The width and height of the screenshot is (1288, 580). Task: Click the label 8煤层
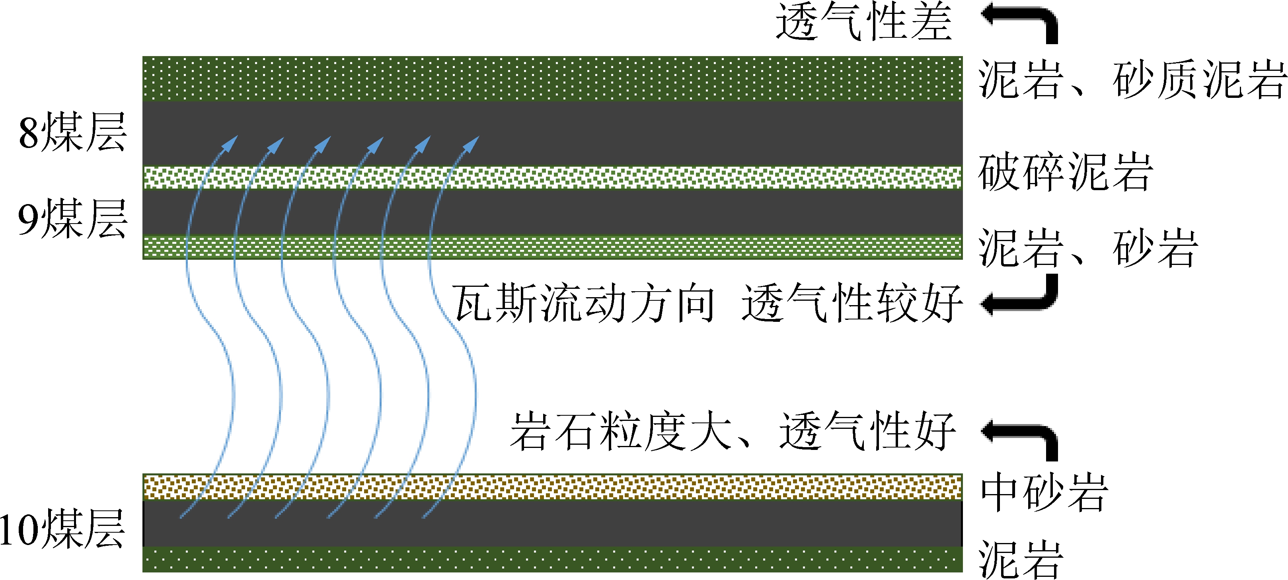coord(72,132)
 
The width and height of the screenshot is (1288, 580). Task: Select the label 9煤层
coord(72,218)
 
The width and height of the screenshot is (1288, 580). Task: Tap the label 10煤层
coord(62,529)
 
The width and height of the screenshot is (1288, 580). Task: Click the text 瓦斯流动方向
coord(583,303)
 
